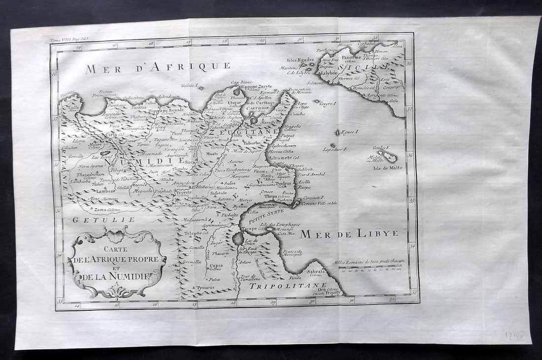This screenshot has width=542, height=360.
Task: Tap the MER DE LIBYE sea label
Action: tap(349, 234)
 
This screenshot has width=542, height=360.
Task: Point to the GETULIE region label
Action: tap(103, 220)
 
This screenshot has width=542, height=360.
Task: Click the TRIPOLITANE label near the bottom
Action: tap(288, 286)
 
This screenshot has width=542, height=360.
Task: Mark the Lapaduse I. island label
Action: tap(336, 149)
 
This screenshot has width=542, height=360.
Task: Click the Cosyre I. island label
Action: tap(327, 104)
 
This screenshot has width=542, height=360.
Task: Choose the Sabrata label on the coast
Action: tap(316, 271)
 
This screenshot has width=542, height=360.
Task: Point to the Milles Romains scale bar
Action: tap(368, 268)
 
